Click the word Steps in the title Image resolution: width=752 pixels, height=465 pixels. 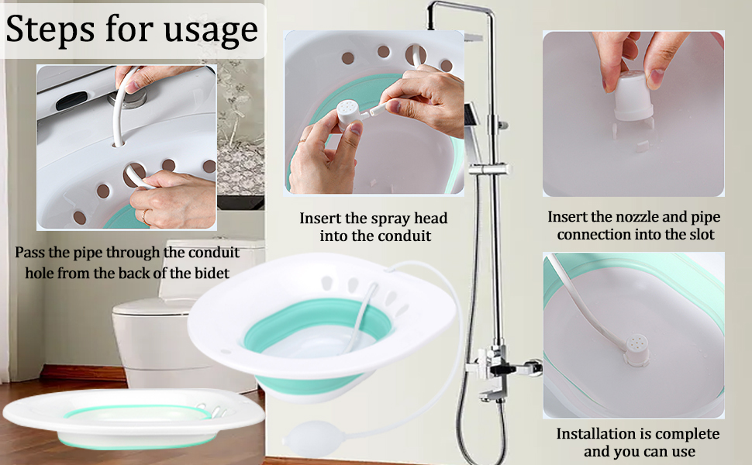50,29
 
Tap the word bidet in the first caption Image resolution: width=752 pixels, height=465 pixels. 219,273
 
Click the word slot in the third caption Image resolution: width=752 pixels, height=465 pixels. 699,234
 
